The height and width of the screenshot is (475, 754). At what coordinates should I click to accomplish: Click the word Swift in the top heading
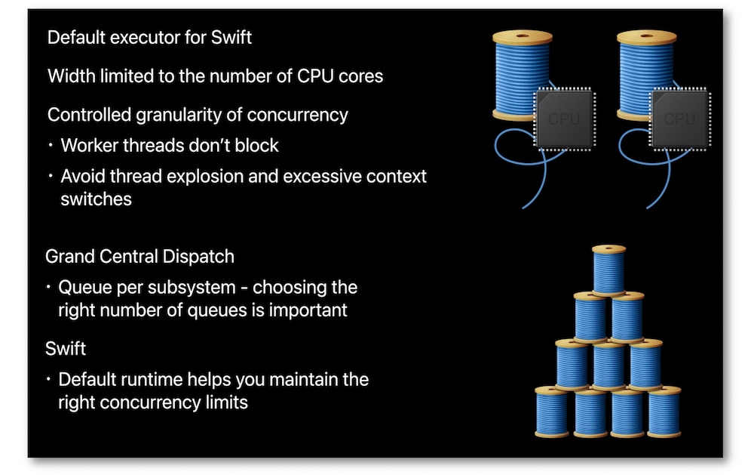231,38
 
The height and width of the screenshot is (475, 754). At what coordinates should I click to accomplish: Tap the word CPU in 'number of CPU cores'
315,76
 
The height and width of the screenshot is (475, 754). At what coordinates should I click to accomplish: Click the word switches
97,199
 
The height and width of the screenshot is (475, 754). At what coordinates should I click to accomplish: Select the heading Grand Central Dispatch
140,257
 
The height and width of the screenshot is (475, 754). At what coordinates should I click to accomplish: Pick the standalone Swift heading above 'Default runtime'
66,348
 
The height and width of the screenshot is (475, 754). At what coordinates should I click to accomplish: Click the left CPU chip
565,119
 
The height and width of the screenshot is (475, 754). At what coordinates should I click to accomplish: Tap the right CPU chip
679,119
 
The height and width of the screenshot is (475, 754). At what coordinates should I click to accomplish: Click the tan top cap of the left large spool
523,37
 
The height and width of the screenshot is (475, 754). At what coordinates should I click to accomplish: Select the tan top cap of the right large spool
647,37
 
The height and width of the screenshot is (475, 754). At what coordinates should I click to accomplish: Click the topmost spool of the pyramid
608,270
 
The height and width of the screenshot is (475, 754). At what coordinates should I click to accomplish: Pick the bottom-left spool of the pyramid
552,412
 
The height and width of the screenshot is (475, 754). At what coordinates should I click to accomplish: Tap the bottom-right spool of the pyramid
664,412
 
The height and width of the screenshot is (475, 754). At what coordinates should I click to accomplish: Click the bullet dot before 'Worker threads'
51,145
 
